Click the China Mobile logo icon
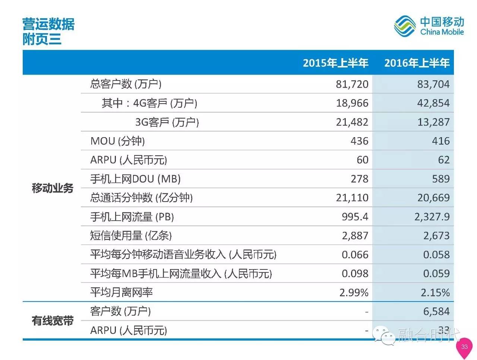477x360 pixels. point(405,26)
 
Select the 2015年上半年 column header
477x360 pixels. point(335,63)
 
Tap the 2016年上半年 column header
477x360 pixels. point(417,63)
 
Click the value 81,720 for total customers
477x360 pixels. point(352,84)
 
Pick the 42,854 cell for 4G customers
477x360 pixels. point(433,103)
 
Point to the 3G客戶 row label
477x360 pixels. point(167,122)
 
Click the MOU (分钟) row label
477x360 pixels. point(117,141)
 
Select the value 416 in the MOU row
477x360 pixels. point(440,141)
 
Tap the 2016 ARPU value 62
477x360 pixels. point(443,160)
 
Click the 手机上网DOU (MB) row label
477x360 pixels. point(135,179)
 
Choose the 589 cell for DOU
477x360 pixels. point(440,179)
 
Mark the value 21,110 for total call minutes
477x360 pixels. point(352,198)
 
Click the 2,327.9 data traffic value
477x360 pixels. point(432,217)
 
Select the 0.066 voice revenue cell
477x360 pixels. point(355,255)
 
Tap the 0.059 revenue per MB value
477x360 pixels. point(436,274)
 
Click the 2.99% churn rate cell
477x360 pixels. point(354,293)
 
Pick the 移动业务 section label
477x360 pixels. point(53,189)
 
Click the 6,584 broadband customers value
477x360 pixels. point(436,312)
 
